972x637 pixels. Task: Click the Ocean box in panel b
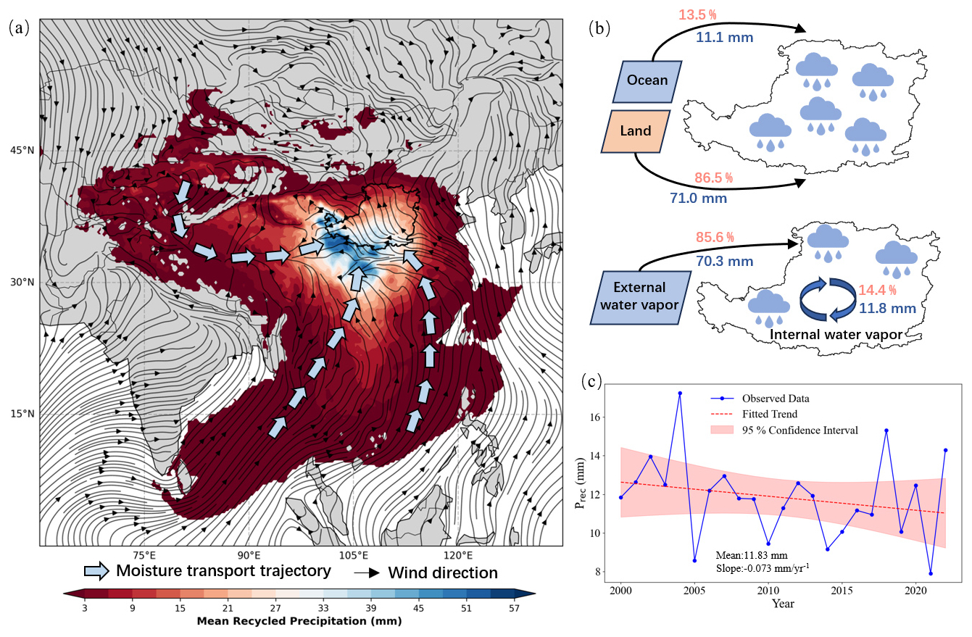tap(647, 82)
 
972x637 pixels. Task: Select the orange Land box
tap(636, 131)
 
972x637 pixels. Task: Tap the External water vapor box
tap(641, 298)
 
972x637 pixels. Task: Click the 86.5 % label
tap(713, 178)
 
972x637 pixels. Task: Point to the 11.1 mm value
tap(724, 37)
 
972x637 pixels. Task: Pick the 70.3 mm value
tap(724, 261)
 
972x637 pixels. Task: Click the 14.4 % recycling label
tap(877, 290)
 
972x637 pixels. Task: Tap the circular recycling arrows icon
tap(828, 300)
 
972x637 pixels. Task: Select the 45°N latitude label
tap(22, 151)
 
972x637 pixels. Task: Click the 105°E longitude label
tap(354, 555)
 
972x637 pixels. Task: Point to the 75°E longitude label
tap(144, 555)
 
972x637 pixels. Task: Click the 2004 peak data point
tap(680, 393)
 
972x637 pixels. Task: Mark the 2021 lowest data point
tap(931, 574)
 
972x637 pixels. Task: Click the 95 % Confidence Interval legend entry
tap(784, 430)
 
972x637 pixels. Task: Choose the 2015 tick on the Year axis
tap(842, 591)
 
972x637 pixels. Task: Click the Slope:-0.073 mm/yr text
tap(763, 568)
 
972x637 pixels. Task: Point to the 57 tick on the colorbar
tap(514, 608)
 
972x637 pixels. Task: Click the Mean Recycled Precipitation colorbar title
tap(299, 621)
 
